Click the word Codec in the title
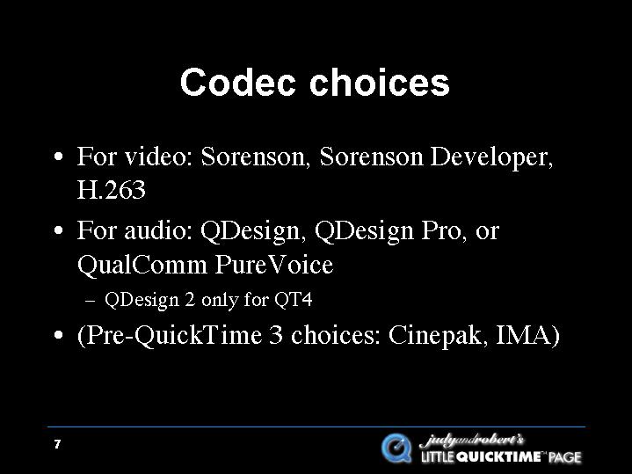click(238, 83)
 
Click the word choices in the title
click(379, 83)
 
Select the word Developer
click(491, 157)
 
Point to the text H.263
click(112, 190)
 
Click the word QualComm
click(142, 265)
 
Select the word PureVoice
click(274, 265)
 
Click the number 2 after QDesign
click(190, 300)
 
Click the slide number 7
click(57, 444)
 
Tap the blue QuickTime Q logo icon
click(397, 448)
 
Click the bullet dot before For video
click(59, 157)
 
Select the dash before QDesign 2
click(91, 301)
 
